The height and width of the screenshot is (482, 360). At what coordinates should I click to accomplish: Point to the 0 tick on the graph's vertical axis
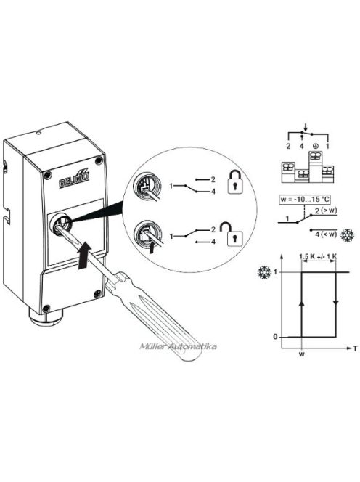coord(275,337)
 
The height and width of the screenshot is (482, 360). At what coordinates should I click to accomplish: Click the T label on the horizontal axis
coord(355,348)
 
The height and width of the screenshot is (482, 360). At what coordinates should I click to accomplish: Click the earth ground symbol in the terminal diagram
coord(316,147)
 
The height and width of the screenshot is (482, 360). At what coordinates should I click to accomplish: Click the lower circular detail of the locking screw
coord(150,237)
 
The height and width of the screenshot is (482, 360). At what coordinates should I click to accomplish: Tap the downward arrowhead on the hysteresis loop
coord(336,303)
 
